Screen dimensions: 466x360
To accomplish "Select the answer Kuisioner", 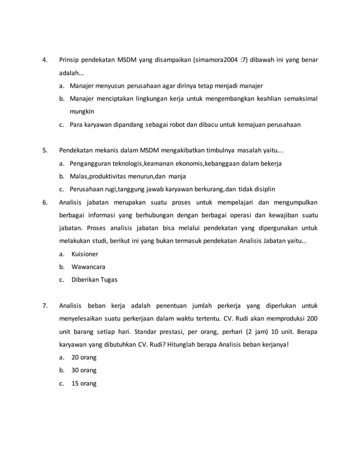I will click(85, 254).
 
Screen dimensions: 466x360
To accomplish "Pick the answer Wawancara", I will click(88, 267).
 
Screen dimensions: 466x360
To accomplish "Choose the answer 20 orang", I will click(84, 358).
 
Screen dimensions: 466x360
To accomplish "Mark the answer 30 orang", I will click(84, 371).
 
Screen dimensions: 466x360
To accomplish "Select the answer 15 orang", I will click(84, 384).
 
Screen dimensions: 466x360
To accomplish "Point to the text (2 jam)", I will click(238, 332).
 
